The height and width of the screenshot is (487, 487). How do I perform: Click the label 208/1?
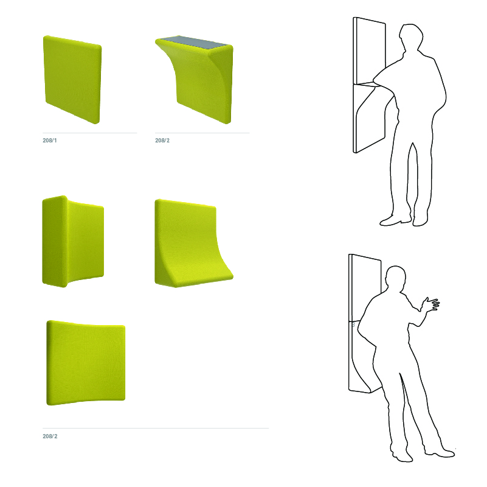(50, 141)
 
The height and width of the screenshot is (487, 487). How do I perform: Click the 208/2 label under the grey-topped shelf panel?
(162, 141)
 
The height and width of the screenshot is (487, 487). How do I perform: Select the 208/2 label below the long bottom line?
(50, 436)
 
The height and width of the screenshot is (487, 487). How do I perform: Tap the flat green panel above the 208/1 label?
(72, 80)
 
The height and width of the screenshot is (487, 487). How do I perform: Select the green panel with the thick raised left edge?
(73, 241)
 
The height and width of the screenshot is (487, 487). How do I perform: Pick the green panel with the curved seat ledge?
(193, 244)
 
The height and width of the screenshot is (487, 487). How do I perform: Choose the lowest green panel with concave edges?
(86, 363)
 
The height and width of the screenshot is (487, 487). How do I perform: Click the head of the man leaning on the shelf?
(410, 37)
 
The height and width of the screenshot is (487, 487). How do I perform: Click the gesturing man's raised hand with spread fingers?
(431, 304)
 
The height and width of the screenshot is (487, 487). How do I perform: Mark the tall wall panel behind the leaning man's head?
(370, 51)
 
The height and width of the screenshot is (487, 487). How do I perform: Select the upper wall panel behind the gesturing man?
(365, 288)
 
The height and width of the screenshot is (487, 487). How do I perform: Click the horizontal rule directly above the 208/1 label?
(90, 133)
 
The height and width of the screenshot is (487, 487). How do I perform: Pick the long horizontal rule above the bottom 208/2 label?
(156, 428)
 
